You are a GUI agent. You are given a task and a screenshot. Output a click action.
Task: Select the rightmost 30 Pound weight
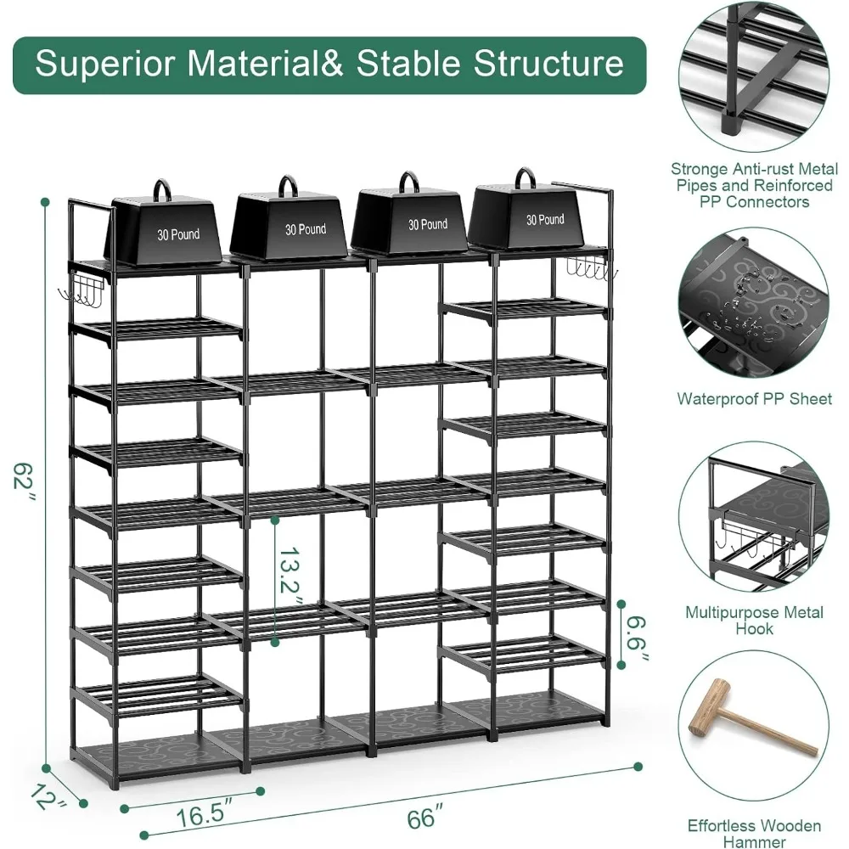tap(533, 217)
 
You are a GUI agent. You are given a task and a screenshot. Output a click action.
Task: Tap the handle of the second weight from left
tap(289, 185)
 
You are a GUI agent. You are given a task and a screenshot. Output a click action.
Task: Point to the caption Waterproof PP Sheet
tap(754, 397)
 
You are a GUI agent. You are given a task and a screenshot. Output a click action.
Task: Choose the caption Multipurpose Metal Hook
tap(755, 620)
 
